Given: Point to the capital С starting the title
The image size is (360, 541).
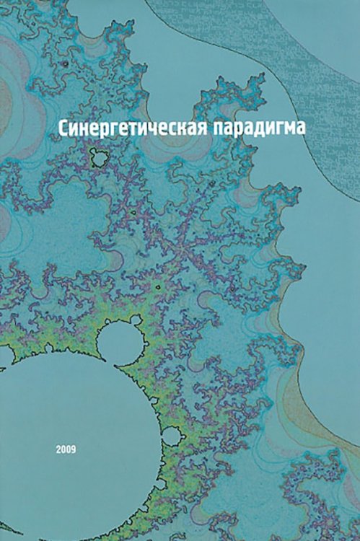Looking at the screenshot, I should click(x=63, y=127).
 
